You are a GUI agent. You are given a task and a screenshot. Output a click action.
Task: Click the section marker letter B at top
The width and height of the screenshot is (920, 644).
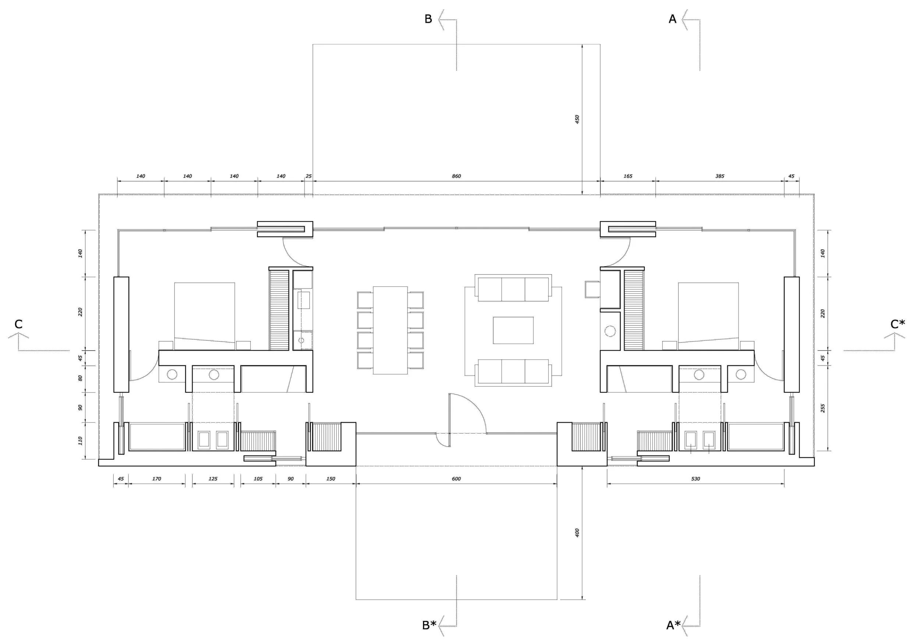pyautogui.click(x=428, y=19)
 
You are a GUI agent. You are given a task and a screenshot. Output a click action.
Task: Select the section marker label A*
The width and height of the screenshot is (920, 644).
pyautogui.click(x=673, y=625)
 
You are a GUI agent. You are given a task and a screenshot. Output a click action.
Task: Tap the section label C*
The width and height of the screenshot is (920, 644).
pyautogui.click(x=898, y=324)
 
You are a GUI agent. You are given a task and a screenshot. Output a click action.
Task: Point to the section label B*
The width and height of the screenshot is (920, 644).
pyautogui.click(x=429, y=625)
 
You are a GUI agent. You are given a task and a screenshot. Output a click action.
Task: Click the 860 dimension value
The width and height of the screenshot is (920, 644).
pyautogui.click(x=456, y=176)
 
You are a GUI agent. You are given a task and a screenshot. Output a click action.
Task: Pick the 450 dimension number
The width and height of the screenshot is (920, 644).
pyautogui.click(x=577, y=119)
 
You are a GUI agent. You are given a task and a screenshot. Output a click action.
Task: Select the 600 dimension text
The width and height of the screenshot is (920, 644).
pyautogui.click(x=456, y=478)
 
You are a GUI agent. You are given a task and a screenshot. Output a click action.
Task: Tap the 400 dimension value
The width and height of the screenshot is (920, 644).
pyautogui.click(x=577, y=533)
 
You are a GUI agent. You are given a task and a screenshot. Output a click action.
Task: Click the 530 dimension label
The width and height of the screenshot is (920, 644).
pyautogui.click(x=696, y=478)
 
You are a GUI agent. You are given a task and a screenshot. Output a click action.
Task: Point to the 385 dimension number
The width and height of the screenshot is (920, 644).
pyautogui.click(x=720, y=176)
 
